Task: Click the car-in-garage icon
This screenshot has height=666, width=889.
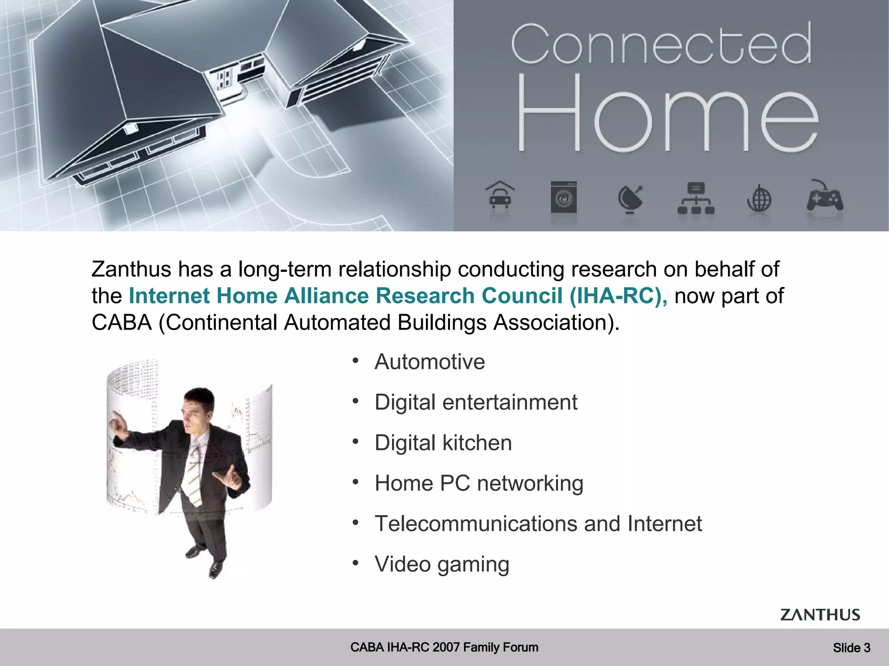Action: click(x=500, y=196)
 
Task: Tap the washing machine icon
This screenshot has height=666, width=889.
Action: click(x=563, y=197)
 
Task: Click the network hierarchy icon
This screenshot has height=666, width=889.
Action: click(x=696, y=199)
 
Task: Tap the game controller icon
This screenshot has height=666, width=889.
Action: click(x=824, y=197)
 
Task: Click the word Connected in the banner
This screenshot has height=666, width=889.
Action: click(x=661, y=44)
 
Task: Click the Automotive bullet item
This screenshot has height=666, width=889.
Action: click(x=429, y=362)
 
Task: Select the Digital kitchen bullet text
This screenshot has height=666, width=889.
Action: click(x=443, y=443)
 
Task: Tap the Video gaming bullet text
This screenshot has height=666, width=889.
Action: click(x=441, y=564)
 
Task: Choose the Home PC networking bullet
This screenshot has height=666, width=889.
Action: click(x=478, y=483)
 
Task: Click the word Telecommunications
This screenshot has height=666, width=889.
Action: click(x=475, y=524)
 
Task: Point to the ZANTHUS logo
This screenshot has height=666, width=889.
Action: click(x=820, y=614)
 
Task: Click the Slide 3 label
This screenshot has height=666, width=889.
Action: click(x=851, y=648)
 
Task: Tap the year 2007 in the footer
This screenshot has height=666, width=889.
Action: click(x=446, y=647)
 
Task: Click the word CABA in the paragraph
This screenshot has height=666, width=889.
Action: click(x=122, y=323)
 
